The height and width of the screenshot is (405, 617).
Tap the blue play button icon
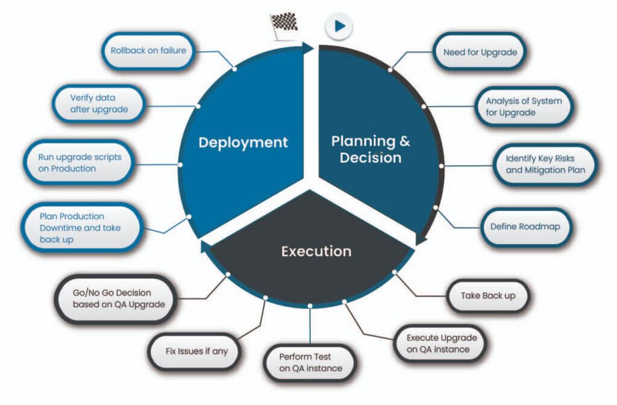point(339,27)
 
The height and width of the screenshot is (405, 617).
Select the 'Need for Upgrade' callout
point(480,52)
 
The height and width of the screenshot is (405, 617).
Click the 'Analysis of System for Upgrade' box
point(523,107)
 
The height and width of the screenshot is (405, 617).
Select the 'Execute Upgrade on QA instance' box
point(441,344)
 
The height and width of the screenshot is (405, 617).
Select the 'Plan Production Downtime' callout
point(82,227)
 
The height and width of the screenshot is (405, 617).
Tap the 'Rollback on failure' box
point(148,51)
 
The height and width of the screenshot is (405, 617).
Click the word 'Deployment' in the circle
point(243,143)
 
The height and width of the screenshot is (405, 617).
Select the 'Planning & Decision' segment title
point(371,149)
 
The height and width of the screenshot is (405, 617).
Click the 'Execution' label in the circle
point(316,251)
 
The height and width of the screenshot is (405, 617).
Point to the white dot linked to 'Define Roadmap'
point(436,207)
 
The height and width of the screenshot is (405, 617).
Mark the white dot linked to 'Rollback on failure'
point(234,69)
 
